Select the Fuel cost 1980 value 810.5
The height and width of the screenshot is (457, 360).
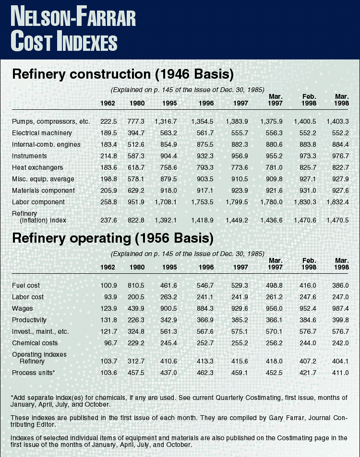[x=138, y=285]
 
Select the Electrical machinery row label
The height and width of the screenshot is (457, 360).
[x=42, y=133]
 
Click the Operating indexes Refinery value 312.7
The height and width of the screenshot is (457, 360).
[x=138, y=358]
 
